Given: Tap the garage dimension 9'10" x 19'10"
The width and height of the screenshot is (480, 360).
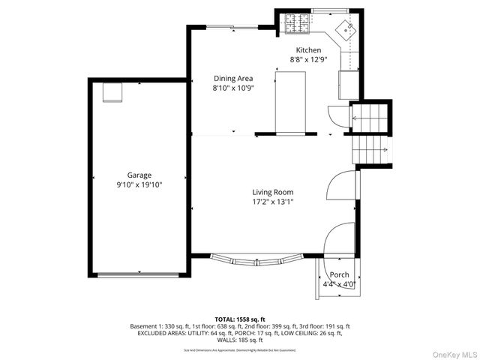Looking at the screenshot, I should [139, 184].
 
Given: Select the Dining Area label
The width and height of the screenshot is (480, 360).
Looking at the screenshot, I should [233, 78].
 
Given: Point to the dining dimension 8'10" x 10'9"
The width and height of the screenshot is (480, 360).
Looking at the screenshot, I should [233, 88].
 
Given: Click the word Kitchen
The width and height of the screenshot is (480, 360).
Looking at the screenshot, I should [307, 50].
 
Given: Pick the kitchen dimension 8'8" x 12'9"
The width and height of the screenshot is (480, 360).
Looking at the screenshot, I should [307, 59].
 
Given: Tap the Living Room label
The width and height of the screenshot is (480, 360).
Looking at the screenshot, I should [272, 192].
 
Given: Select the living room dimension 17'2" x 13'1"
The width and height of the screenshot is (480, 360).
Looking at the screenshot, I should [272, 201].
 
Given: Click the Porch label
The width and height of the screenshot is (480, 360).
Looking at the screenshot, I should [339, 274].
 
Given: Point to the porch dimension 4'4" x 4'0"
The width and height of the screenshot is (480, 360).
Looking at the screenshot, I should [339, 284].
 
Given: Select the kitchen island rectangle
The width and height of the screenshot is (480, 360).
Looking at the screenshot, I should [290, 102].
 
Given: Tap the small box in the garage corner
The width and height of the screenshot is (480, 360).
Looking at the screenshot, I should [112, 91].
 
